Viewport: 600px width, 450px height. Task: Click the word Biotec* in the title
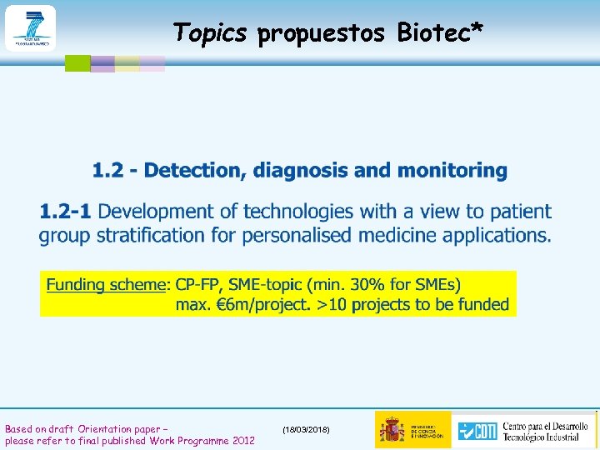(x=440, y=32)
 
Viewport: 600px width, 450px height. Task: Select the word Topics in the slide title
(x=210, y=32)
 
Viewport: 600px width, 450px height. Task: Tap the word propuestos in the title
(x=321, y=33)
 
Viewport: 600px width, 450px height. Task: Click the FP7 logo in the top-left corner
(x=30, y=27)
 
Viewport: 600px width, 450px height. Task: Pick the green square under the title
(x=77, y=62)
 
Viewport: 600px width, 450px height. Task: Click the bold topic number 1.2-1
(x=66, y=212)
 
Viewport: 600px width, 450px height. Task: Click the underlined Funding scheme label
(x=106, y=285)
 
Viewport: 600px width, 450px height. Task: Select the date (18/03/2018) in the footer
(x=306, y=429)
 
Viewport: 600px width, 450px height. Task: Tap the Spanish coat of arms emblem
(x=392, y=429)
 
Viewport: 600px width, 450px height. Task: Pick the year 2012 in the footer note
(x=244, y=440)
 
